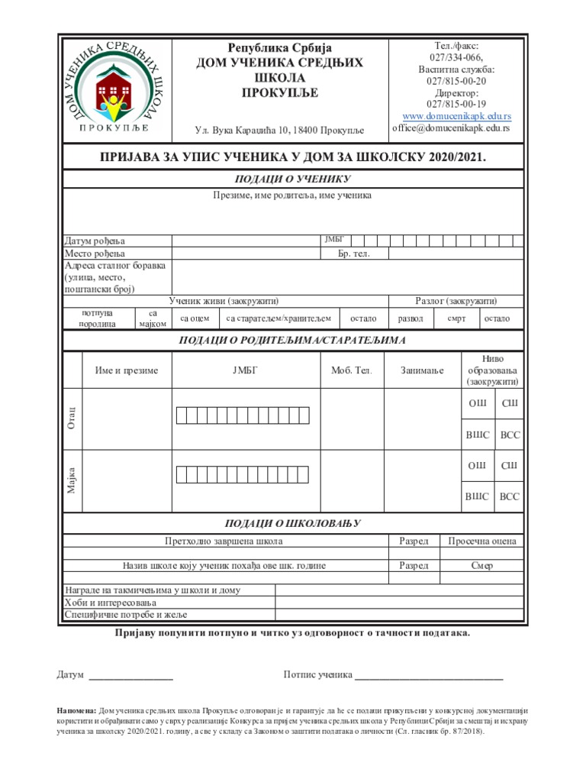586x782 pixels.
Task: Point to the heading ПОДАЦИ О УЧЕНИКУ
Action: click(293, 179)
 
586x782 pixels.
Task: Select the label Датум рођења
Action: click(94, 241)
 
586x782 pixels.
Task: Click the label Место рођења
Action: click(95, 254)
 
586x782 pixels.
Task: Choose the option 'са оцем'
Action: click(195, 318)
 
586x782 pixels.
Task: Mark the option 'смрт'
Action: click(456, 318)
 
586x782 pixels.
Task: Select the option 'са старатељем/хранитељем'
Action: click(280, 318)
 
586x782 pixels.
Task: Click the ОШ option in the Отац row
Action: click(477, 403)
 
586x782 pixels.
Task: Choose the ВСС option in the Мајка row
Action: click(509, 497)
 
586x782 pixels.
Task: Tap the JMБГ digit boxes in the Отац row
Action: click(246, 415)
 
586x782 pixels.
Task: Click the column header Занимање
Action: click(422, 370)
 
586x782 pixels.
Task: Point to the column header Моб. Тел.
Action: click(352, 370)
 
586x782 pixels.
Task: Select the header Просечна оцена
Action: click(481, 541)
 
